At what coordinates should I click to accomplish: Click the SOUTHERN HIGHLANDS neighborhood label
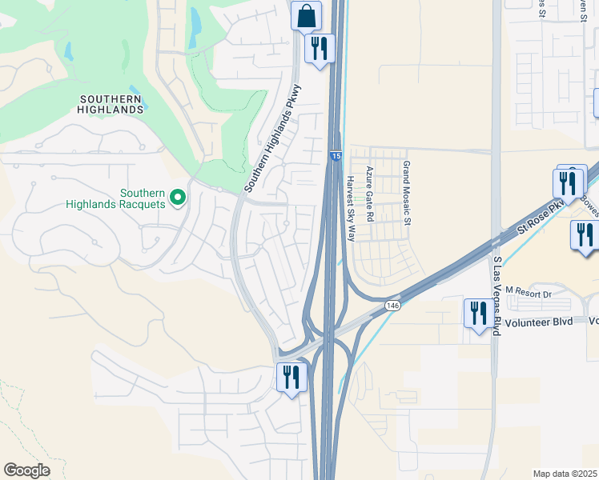pyautogui.click(x=111, y=103)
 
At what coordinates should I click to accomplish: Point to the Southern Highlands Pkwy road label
pyautogui.click(x=273, y=138)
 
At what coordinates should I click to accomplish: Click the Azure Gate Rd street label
pyautogui.click(x=370, y=194)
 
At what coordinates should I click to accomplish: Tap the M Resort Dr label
pyautogui.click(x=530, y=294)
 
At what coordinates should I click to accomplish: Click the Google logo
pyautogui.click(x=26, y=470)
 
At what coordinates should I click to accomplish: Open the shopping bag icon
pyautogui.click(x=306, y=15)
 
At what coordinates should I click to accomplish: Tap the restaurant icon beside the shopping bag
pyautogui.click(x=319, y=49)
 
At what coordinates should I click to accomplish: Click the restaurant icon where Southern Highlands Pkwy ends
pyautogui.click(x=290, y=376)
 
